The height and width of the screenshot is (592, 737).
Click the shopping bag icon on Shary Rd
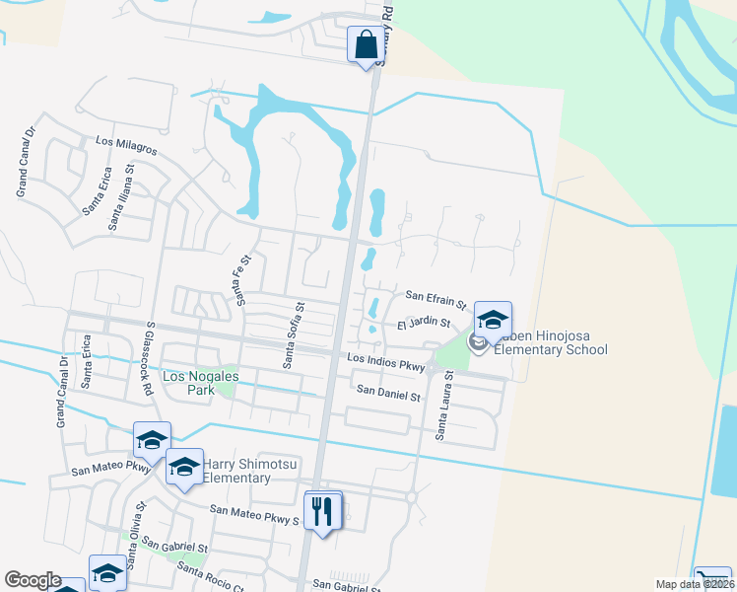coord(366,44)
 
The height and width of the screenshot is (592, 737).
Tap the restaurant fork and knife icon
coord(323,511)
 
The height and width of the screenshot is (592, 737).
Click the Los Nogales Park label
coord(200,377)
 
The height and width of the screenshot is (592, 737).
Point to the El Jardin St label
coord(424,323)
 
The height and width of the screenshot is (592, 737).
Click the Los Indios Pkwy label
coord(384,362)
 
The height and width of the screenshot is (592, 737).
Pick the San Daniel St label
coord(388,393)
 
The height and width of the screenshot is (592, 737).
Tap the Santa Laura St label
coord(445,406)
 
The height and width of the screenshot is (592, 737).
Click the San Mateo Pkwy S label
coord(254,513)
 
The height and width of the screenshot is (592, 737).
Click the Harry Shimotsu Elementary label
coord(236,471)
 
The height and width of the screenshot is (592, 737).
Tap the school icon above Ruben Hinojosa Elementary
coord(493,320)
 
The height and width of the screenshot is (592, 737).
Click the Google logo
coord(33,580)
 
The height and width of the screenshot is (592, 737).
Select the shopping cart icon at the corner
coord(711,579)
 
